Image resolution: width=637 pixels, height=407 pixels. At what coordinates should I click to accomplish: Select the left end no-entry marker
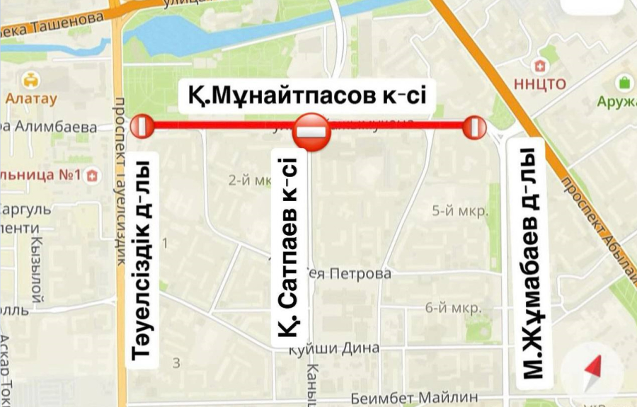click(x=142, y=127)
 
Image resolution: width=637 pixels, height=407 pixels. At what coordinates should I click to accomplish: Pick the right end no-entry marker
click(x=475, y=127)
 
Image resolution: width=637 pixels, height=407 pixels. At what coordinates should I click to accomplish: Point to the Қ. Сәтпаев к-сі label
click(x=288, y=256)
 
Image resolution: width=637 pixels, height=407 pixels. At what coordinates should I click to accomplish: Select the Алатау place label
click(x=30, y=99)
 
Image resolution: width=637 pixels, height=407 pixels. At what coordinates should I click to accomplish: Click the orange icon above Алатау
click(x=30, y=79)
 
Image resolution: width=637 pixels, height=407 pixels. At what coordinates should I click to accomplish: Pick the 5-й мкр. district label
click(x=460, y=211)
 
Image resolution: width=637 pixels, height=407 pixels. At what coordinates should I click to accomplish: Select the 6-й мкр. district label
click(x=453, y=308)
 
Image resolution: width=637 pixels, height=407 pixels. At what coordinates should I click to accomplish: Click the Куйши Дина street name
click(x=338, y=348)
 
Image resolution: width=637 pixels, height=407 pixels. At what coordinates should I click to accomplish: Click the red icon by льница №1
click(x=91, y=177)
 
